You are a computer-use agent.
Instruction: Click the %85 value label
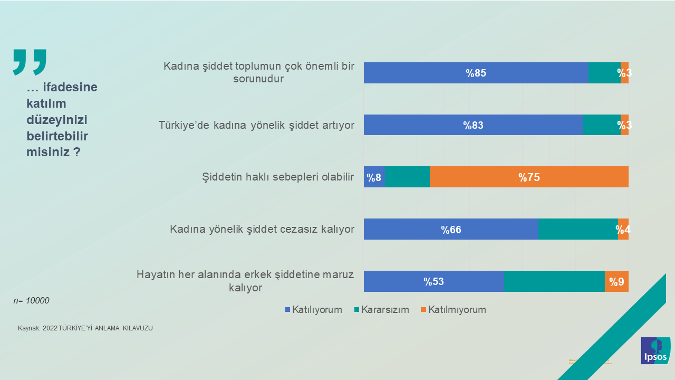click(476, 73)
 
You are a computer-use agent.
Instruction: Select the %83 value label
click(473, 125)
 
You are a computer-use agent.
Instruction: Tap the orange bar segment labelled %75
click(529, 177)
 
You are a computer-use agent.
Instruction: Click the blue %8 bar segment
click(374, 177)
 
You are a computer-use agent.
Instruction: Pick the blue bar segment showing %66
click(451, 230)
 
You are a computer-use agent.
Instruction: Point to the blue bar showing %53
click(433, 281)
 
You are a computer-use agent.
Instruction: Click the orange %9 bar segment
click(616, 281)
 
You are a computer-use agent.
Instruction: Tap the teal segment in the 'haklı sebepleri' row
click(407, 177)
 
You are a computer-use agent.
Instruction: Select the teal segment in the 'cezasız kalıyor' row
click(578, 230)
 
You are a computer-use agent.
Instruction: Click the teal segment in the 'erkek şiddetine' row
click(554, 281)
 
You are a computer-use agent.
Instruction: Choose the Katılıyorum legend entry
click(313, 310)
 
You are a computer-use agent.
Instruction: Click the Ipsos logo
click(655, 351)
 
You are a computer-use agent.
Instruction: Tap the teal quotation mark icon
click(30, 62)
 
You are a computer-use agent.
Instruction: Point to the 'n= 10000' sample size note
click(31, 301)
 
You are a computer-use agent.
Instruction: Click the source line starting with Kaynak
click(85, 328)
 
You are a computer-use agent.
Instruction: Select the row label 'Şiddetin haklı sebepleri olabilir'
click(278, 177)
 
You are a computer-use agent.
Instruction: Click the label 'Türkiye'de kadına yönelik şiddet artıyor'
click(256, 125)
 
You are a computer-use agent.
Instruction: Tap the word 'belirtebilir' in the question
click(57, 136)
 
